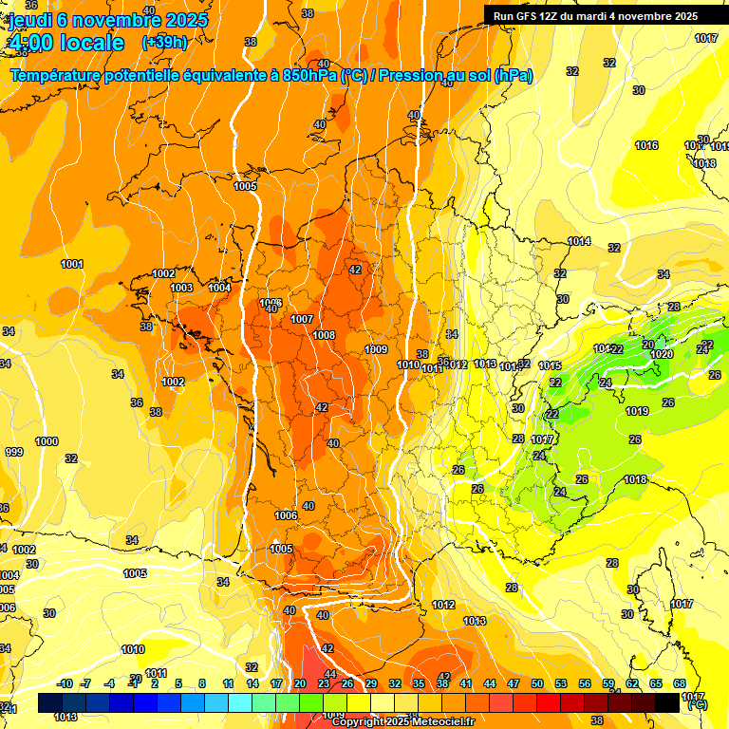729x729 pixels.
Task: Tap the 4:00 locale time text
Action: [x=66, y=43]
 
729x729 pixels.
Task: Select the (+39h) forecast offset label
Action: [x=163, y=43]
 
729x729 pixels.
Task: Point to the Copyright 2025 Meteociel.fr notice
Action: [x=402, y=721]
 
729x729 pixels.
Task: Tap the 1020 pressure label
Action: [x=662, y=354]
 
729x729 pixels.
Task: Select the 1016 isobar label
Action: [x=646, y=145]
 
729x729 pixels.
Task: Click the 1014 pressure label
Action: [x=579, y=241]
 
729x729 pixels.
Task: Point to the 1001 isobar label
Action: [x=72, y=264]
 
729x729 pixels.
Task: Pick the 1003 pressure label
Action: [x=181, y=288]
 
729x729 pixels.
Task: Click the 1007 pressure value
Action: [x=302, y=319]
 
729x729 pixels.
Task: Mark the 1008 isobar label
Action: [x=324, y=335]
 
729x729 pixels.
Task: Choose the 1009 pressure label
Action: [x=376, y=349]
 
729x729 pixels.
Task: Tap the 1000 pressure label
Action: [x=47, y=441]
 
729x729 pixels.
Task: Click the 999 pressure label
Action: [x=14, y=452]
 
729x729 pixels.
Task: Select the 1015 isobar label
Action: [x=550, y=365]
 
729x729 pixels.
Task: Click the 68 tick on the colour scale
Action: [x=680, y=683]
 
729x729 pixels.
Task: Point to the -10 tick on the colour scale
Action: [x=65, y=683]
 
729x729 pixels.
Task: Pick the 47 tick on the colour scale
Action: [x=514, y=683]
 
